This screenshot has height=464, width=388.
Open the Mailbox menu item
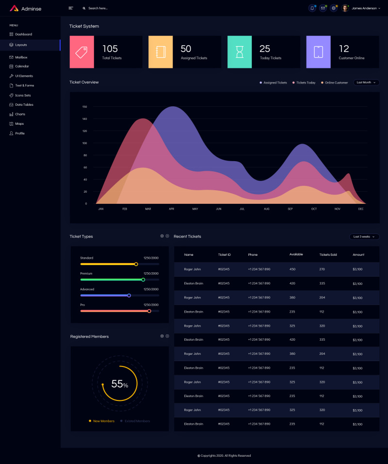coord(21,57)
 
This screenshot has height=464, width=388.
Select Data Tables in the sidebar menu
coord(24,104)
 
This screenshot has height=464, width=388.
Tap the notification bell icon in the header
coord(312,8)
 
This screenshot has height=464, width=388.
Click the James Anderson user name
coord(364,8)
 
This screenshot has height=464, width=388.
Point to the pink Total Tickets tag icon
coord(81,52)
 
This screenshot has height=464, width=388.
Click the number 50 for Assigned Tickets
coord(186,49)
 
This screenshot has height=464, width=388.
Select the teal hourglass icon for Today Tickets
coord(240,52)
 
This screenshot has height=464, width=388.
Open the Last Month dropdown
coord(366,83)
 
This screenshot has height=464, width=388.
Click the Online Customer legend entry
coord(336,83)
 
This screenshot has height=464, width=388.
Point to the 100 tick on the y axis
coord(84,143)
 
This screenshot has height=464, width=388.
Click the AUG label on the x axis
coord(266,209)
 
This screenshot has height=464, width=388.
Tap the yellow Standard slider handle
coord(136,264)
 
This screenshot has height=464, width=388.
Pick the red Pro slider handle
coord(149,311)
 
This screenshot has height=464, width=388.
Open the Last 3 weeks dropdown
coord(364,236)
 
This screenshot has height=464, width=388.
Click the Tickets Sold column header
coord(328,254)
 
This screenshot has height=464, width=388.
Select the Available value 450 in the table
coord(292,269)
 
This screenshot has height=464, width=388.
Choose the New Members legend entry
coord(103,421)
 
